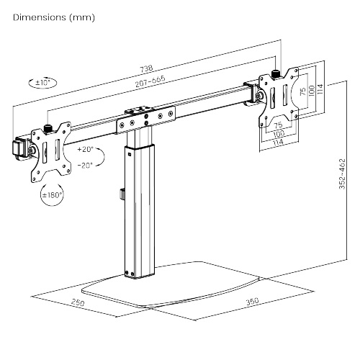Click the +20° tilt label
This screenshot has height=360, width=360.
(x=86, y=150)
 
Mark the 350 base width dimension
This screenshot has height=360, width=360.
(x=252, y=302)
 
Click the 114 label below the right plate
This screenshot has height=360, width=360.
(x=276, y=143)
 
